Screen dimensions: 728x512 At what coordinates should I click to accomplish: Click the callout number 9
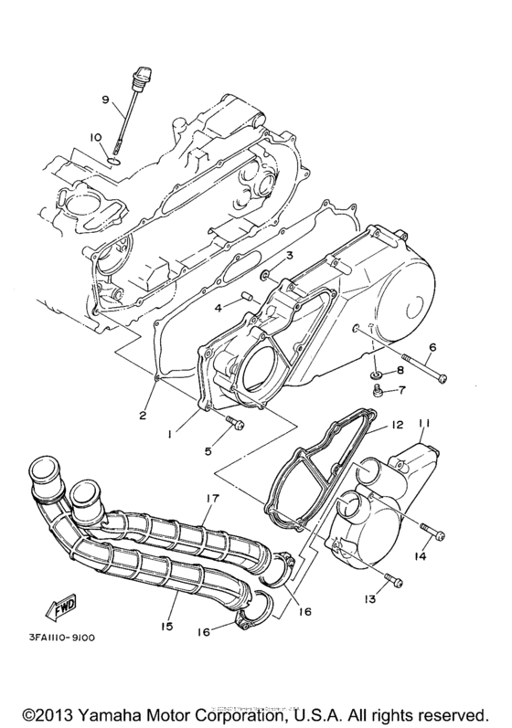(x=105, y=99)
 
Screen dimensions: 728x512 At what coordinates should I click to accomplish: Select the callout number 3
(x=288, y=255)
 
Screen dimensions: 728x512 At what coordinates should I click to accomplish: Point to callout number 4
(x=218, y=308)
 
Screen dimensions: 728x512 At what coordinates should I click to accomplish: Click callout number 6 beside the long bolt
(x=432, y=347)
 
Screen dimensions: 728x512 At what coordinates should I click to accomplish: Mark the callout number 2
(x=143, y=417)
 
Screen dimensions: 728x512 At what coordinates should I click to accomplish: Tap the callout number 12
(x=397, y=425)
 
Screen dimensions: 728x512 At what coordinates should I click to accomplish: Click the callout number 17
(x=213, y=498)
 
